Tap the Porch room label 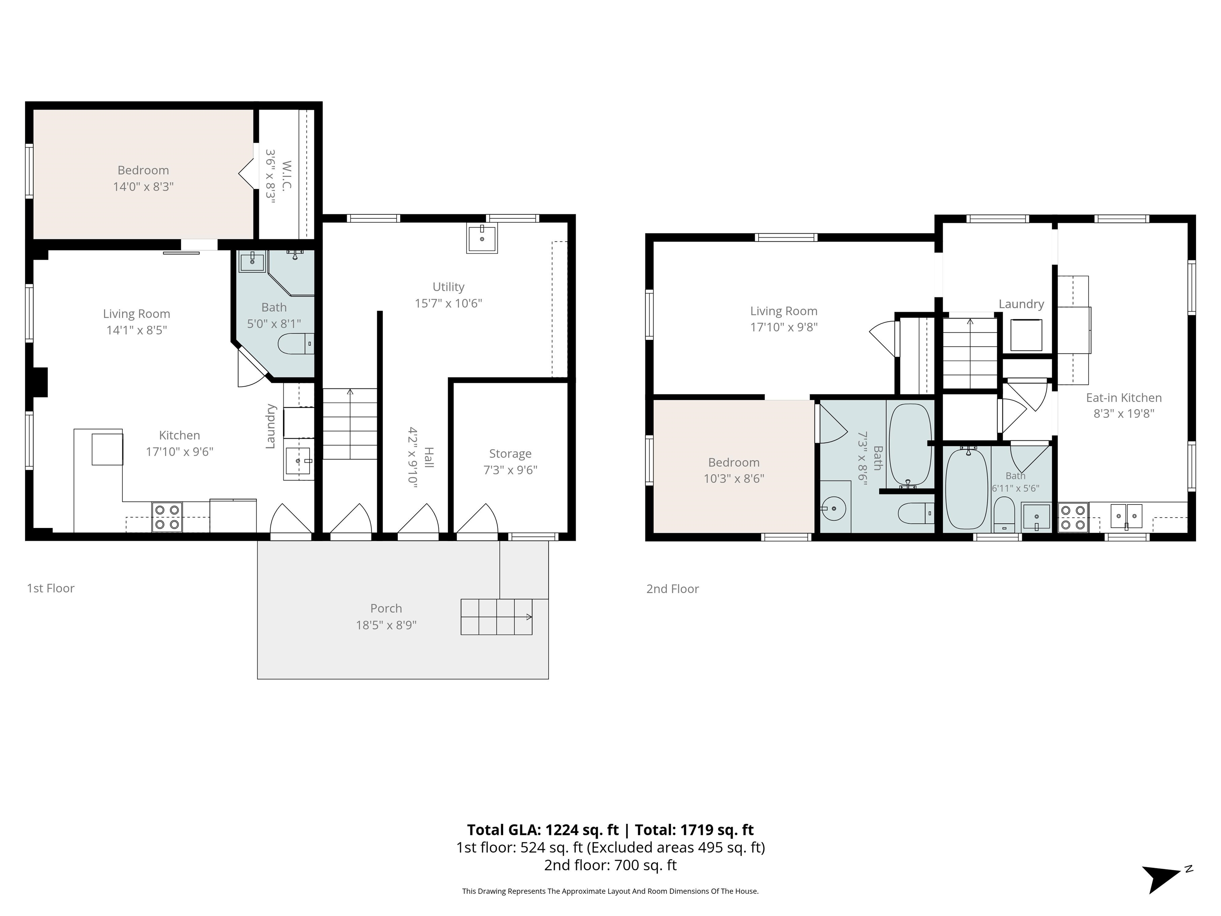(386, 608)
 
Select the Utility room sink (482, 238)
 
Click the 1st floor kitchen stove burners (167, 517)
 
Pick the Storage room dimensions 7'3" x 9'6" (510, 470)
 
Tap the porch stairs (497, 617)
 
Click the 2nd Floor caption (673, 589)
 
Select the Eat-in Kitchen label (1124, 398)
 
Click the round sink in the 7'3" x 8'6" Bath (834, 508)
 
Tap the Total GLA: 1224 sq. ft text (543, 830)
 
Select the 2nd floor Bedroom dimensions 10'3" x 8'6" (734, 479)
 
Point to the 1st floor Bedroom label (143, 170)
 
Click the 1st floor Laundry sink (298, 460)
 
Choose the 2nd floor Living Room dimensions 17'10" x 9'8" (784, 327)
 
